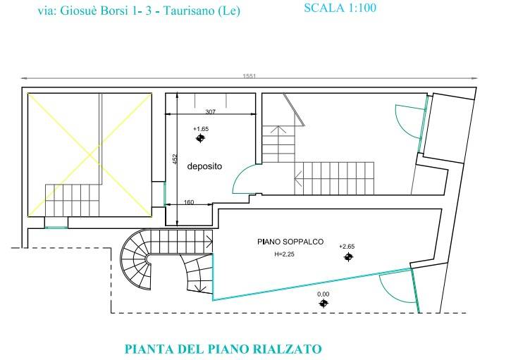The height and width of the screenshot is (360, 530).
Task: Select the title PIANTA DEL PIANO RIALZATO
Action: (x=223, y=349)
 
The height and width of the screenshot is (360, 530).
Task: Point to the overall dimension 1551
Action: (x=248, y=75)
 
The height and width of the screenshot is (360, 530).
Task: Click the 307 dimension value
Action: (x=210, y=112)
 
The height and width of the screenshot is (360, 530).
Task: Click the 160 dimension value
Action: (x=189, y=203)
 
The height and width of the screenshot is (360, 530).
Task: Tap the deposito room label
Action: (x=204, y=167)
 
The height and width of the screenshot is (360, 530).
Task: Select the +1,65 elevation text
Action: (x=200, y=129)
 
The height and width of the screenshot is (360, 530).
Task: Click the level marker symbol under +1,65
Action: (x=200, y=139)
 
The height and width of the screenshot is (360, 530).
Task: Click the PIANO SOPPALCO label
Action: (x=290, y=242)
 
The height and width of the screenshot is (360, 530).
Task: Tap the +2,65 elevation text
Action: (x=346, y=247)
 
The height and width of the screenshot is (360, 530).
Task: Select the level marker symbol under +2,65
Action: (x=347, y=257)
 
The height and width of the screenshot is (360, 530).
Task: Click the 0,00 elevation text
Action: (x=323, y=294)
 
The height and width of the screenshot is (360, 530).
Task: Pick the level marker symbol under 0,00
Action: (x=323, y=303)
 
